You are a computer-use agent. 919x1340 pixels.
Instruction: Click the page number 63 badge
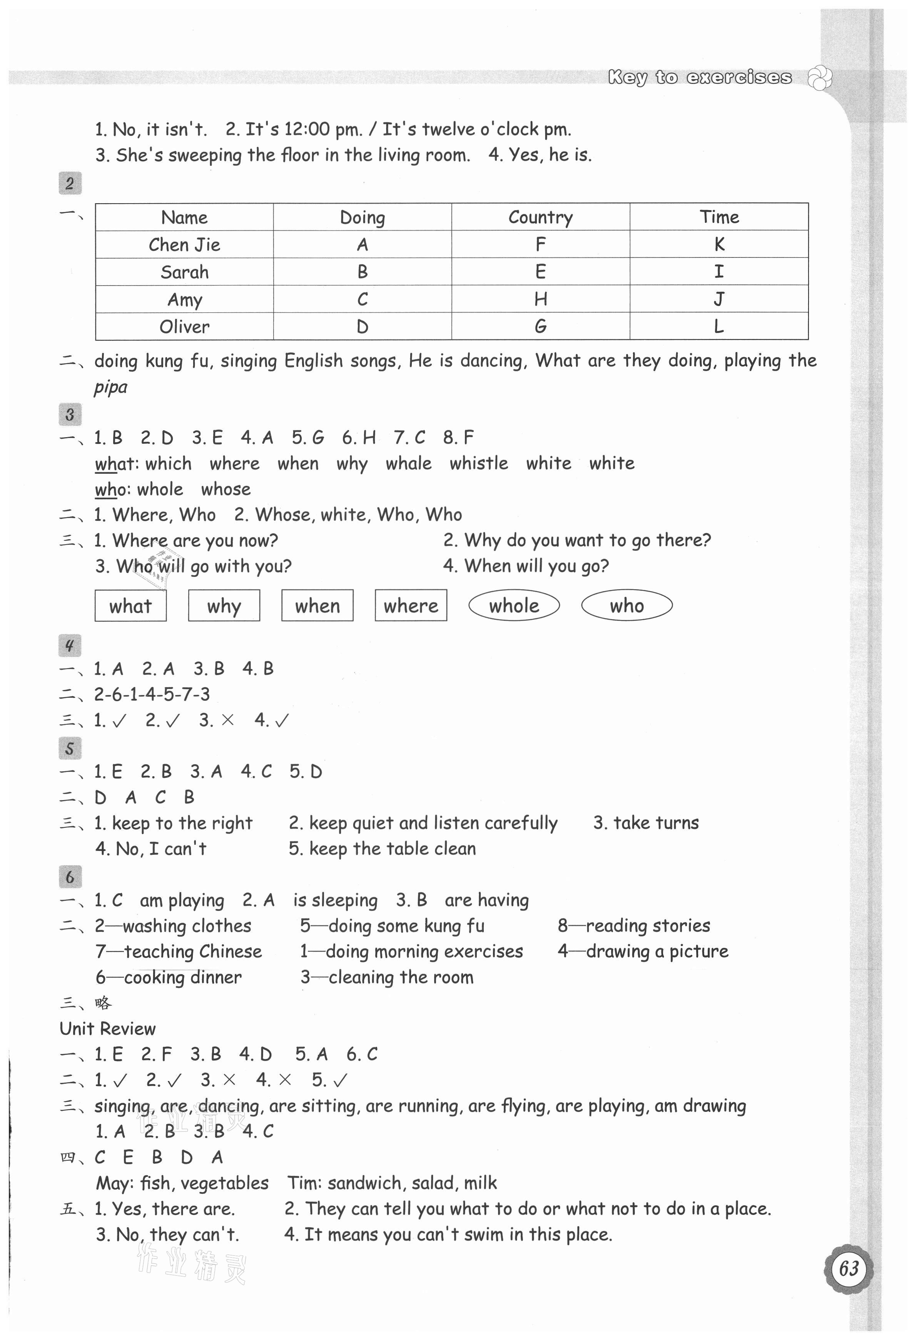pos(849,1268)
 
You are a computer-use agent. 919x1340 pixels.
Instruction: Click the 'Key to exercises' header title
pos(700,77)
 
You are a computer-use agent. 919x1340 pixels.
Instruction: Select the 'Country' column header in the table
pos(540,217)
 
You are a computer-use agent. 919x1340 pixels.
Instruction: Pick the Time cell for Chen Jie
pos(719,244)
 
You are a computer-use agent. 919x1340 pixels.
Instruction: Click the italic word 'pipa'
pos(111,387)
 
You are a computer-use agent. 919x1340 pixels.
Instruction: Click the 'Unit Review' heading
pos(108,1029)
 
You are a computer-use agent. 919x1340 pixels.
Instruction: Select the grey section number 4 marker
pos(70,645)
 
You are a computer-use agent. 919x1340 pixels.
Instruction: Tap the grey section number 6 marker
pos(70,877)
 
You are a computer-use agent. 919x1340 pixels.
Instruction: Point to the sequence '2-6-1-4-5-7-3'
pos(152,694)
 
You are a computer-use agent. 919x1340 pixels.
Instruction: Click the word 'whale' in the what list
pos(408,464)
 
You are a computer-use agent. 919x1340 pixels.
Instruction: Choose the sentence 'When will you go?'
pos(536,566)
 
